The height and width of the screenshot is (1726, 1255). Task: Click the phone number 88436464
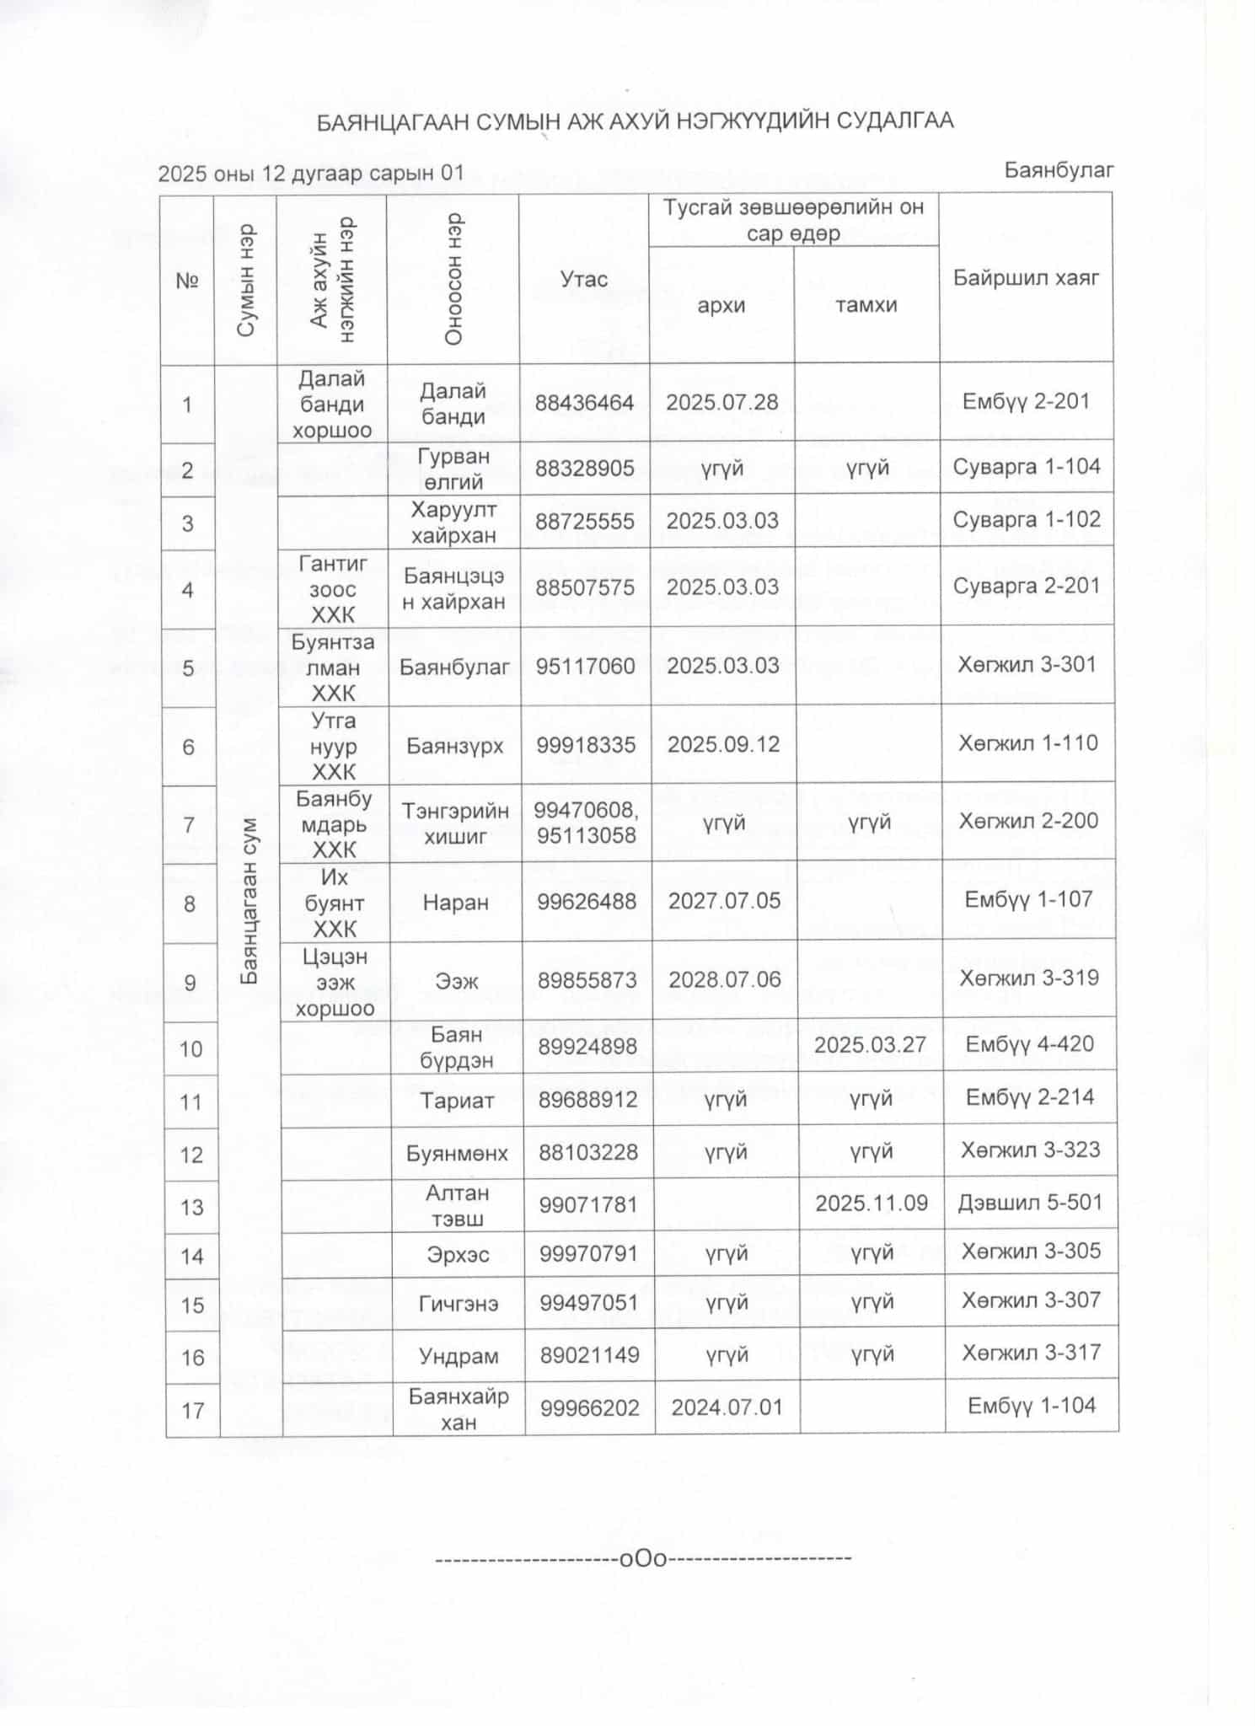pos(584,403)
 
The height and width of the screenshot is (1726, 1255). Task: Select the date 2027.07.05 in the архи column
pos(724,901)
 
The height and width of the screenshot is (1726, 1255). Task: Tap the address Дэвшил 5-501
pos(1030,1202)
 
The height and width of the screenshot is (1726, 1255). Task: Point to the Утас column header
pos(584,279)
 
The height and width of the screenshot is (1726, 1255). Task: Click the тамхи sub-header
pos(866,305)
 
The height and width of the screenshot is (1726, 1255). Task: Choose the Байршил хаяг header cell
pos(1026,278)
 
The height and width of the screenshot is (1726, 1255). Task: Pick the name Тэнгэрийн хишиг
pos(456,823)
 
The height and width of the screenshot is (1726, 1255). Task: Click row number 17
pos(193,1410)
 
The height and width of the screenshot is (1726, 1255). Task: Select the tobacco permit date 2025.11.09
pos(871,1203)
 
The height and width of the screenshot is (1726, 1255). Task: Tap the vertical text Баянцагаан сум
pos(249,901)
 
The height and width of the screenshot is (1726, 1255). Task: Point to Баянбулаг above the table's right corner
pos(1059,170)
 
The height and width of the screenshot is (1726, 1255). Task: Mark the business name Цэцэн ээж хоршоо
pos(335,983)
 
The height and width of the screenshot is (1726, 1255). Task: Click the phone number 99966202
pos(589,1407)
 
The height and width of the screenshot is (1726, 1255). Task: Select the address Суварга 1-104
pos(1026,467)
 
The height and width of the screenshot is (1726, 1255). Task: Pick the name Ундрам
pos(458,1356)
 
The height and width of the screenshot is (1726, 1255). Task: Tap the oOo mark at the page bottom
pos(643,1558)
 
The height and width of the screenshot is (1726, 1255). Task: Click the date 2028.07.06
pos(724,979)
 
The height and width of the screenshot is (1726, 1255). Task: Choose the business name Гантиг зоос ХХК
pos(332,589)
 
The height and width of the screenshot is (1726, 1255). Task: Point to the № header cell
pos(187,281)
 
